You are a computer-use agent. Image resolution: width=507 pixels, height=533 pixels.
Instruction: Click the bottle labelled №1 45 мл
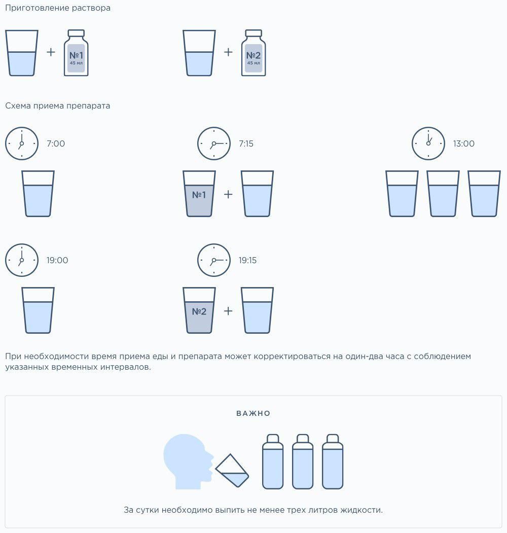[76, 53]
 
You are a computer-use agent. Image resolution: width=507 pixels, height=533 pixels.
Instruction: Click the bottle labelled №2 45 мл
[253, 53]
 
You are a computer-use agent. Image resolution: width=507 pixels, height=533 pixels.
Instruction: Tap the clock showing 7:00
[22, 144]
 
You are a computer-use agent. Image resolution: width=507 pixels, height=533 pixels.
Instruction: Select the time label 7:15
[246, 144]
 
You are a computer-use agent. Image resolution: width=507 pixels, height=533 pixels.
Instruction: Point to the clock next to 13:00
[428, 144]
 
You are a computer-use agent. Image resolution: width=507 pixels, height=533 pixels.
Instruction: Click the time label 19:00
[57, 260]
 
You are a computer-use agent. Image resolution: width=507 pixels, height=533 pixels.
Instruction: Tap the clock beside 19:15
[214, 260]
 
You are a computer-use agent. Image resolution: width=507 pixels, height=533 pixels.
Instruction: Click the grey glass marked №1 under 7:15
[199, 194]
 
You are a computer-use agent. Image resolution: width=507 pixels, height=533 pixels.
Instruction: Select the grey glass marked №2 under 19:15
[199, 310]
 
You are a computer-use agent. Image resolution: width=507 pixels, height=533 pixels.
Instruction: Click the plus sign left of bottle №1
[51, 52]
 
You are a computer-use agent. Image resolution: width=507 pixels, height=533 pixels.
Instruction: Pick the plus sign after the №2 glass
[228, 311]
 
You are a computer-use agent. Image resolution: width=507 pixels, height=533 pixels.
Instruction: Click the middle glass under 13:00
[443, 194]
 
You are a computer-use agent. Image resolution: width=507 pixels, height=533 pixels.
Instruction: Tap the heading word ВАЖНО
[253, 413]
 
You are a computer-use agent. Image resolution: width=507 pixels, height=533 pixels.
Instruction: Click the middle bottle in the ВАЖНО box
[303, 461]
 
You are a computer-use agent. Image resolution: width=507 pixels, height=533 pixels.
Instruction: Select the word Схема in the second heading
[18, 105]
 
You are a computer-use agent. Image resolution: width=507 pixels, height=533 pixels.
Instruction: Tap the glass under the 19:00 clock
[38, 310]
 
